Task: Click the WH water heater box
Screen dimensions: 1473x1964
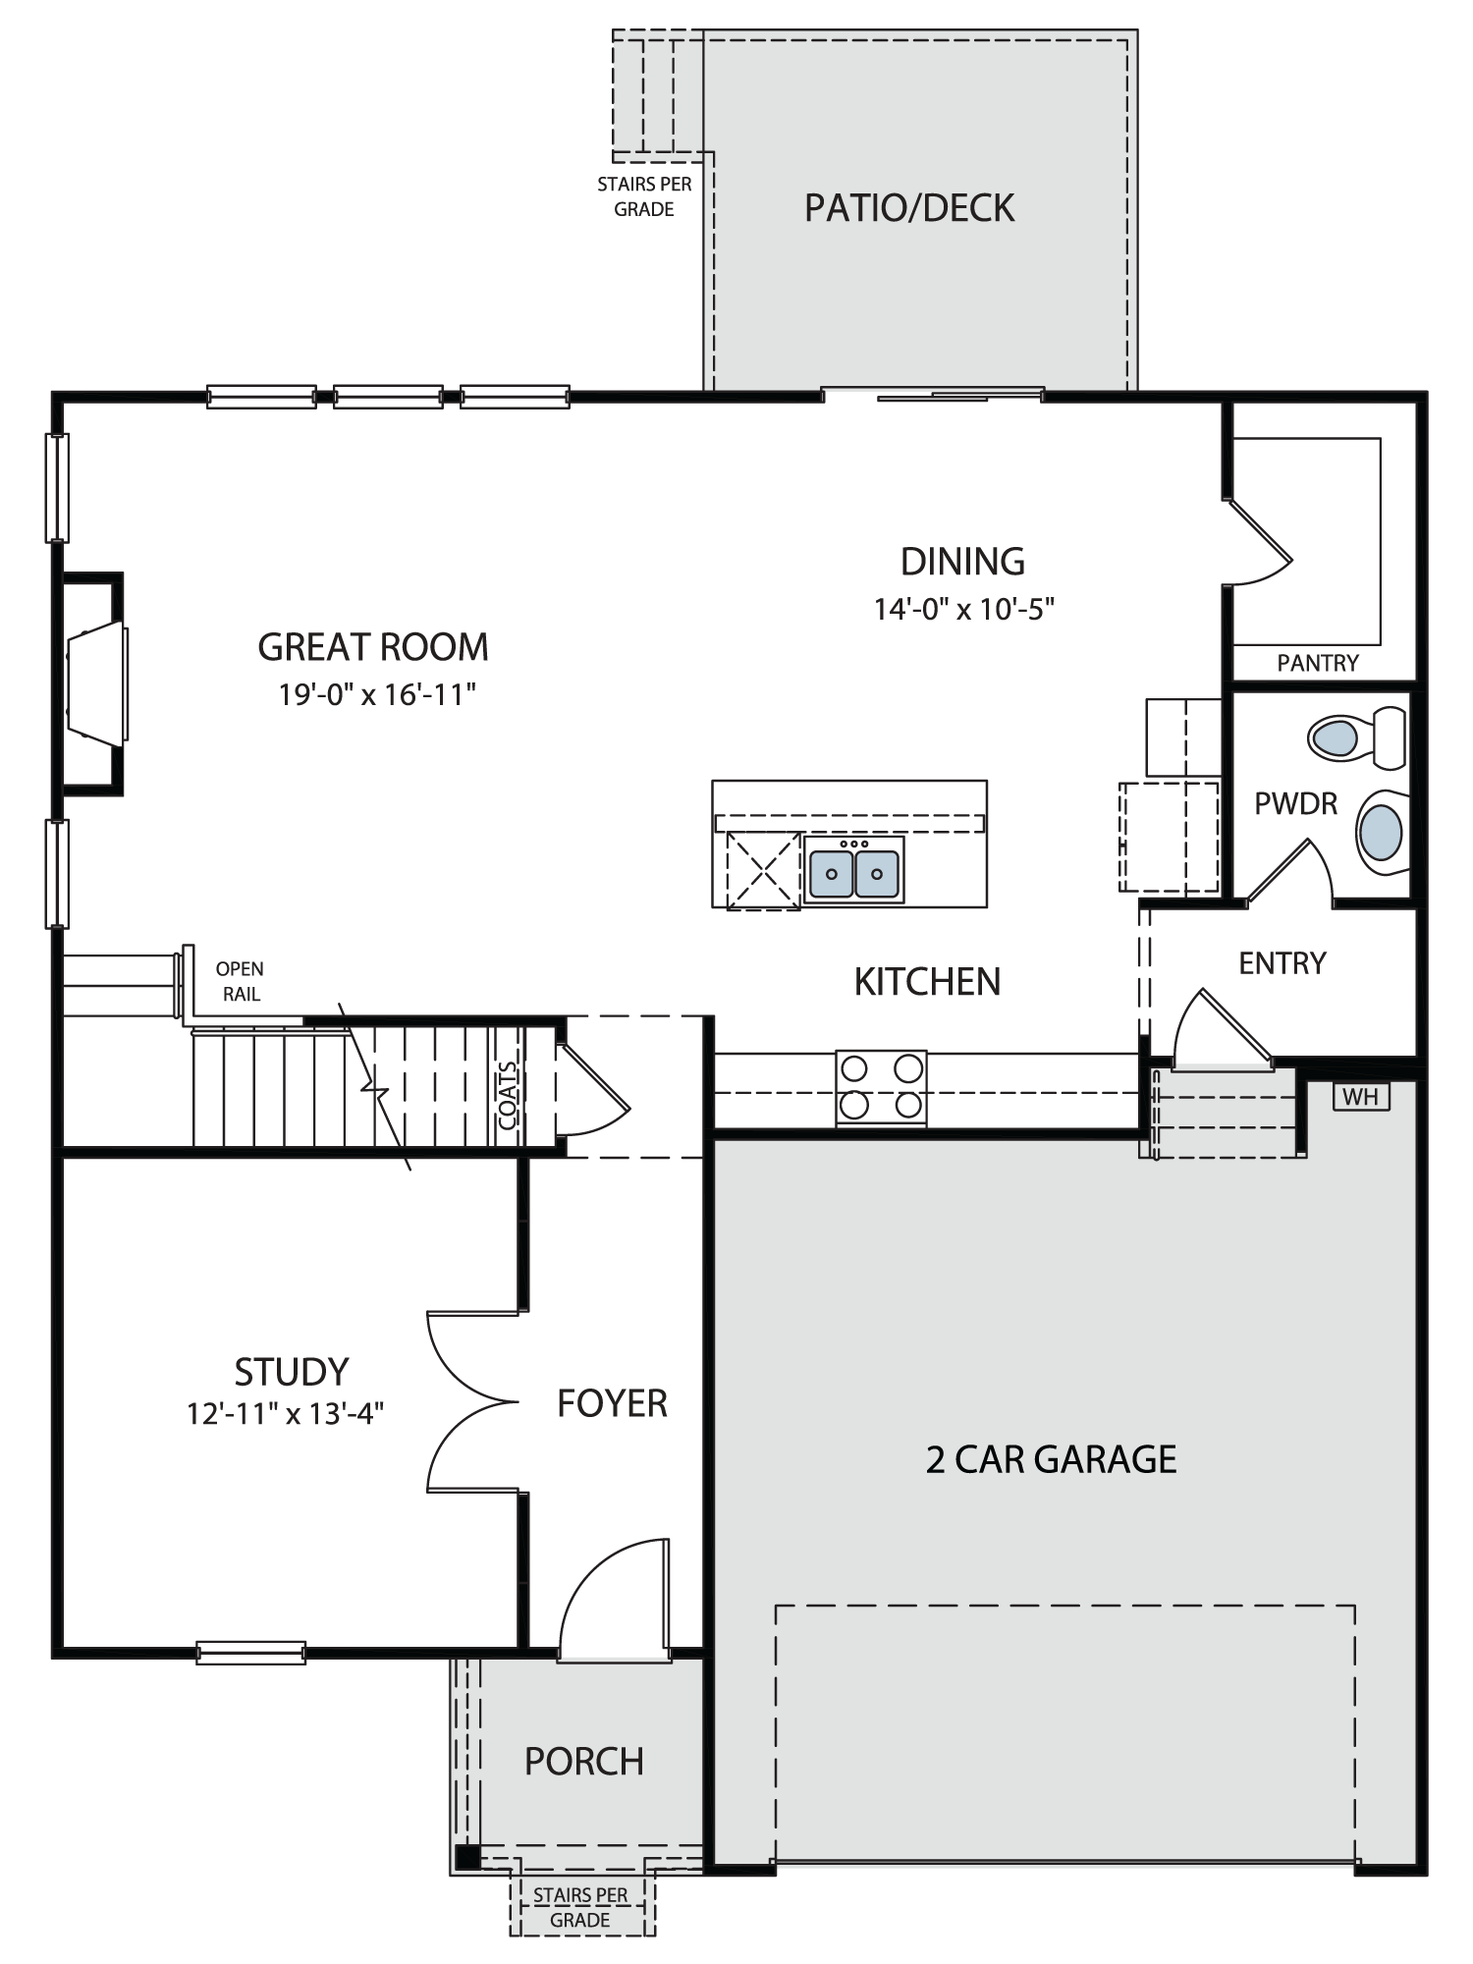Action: coord(1361,1096)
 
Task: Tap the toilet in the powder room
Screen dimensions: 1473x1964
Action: coord(1357,737)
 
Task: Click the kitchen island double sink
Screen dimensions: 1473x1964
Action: coord(853,870)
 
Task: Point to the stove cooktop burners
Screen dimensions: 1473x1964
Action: coord(881,1086)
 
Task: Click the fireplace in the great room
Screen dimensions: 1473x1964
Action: coord(95,682)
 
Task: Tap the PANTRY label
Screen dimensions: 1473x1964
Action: coord(1318,663)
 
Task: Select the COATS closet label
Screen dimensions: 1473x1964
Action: coord(508,1096)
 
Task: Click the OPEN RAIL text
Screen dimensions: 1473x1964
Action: coord(241,981)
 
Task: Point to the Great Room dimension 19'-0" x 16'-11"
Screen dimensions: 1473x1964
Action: coord(377,695)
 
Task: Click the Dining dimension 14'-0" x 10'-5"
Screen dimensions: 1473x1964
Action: coord(964,610)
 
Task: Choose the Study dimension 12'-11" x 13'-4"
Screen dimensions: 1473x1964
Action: coord(286,1413)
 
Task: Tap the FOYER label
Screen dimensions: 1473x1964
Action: coord(612,1404)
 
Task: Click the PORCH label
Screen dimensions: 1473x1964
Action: coord(584,1762)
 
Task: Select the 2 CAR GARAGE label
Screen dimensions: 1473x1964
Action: coord(1051,1459)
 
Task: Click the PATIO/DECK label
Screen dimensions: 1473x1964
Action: coord(909,208)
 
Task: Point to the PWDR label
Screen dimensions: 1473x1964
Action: coord(1296,804)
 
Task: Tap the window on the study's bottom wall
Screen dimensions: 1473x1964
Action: coord(250,1653)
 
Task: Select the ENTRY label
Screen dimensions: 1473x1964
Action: coord(1282,963)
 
